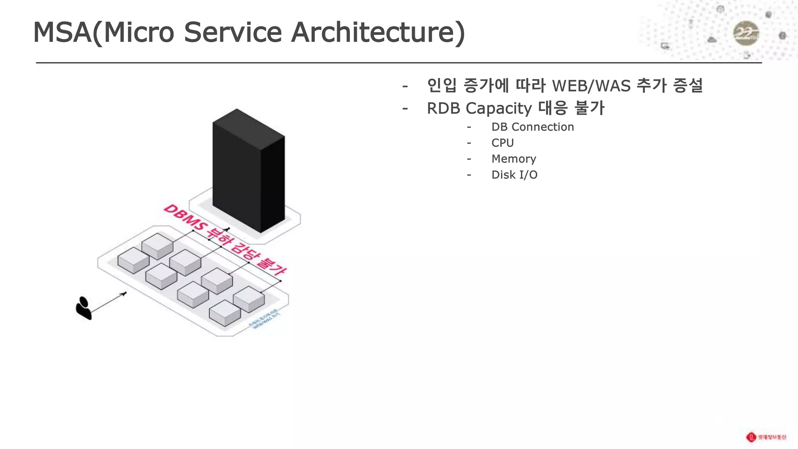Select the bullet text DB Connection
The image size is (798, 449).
pyautogui.click(x=532, y=127)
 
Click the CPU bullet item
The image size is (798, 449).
pyautogui.click(x=502, y=143)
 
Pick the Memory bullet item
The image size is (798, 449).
pyautogui.click(x=514, y=159)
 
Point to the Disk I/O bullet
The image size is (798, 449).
pyautogui.click(x=514, y=175)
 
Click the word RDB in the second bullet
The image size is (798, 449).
pyautogui.click(x=443, y=108)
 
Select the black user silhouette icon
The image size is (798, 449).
pyautogui.click(x=83, y=308)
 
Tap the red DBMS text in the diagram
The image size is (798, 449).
pyautogui.click(x=185, y=218)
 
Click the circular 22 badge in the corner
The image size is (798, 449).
pyautogui.click(x=746, y=34)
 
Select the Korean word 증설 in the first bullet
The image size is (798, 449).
pyautogui.click(x=688, y=86)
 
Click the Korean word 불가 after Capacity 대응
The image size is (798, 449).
pyautogui.click(x=590, y=108)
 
